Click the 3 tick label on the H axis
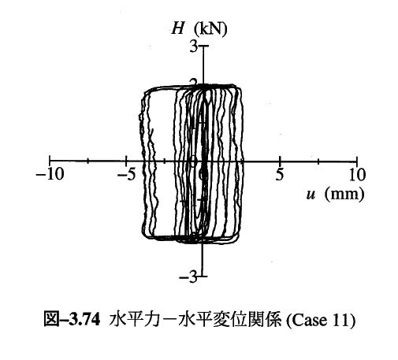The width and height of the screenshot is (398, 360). [194, 47]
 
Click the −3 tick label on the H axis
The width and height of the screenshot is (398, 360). [188, 276]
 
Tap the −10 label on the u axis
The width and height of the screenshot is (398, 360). [50, 174]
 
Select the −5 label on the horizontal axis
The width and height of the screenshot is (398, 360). [126, 174]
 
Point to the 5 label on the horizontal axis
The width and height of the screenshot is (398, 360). [280, 174]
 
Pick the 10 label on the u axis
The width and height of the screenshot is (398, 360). [357, 174]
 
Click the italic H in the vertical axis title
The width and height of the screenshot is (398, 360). [177, 28]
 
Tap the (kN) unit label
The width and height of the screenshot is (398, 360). [210, 29]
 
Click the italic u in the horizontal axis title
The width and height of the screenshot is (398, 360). [311, 195]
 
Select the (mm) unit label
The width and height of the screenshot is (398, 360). [344, 195]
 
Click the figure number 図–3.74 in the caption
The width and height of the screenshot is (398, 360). [72, 320]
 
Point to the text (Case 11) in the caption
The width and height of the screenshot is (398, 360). [321, 320]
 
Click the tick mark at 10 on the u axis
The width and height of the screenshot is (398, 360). [357, 160]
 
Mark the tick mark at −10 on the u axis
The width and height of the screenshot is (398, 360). [50, 160]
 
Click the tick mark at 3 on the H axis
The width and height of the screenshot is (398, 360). [203, 46]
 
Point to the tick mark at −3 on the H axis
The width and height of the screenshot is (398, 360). [203, 276]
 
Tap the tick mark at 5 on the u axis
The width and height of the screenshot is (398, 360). [280, 160]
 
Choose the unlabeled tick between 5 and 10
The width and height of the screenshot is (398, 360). [318, 160]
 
